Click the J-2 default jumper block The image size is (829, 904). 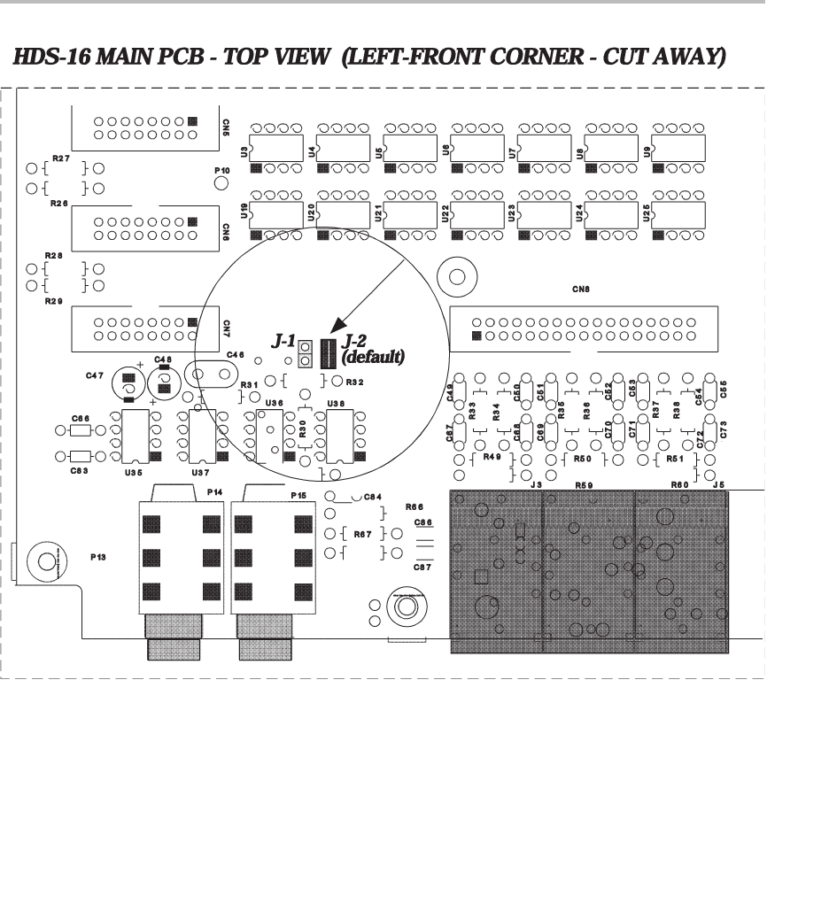tap(328, 353)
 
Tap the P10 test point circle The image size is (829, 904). tap(221, 182)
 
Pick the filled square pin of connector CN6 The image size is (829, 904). tap(193, 221)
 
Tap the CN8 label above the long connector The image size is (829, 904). tap(581, 289)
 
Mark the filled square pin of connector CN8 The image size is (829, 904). tap(476, 336)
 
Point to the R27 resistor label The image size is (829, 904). tap(60, 158)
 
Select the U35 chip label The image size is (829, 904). tap(135, 474)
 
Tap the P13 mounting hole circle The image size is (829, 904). tap(45, 560)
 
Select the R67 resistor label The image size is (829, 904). tap(362, 535)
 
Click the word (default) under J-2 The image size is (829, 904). tap(373, 358)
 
